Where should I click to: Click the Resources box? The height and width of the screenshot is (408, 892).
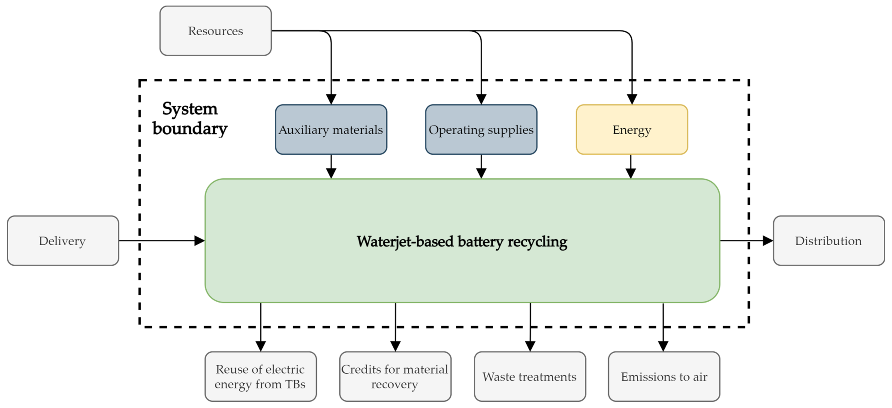[215, 31]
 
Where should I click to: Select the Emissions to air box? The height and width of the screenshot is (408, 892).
[664, 376]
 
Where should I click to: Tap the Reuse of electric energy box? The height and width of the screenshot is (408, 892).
[260, 376]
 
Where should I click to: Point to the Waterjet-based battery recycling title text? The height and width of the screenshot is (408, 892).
[462, 241]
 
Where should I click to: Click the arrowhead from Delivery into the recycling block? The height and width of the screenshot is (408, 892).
[199, 240]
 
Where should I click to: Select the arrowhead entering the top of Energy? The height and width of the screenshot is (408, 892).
[632, 99]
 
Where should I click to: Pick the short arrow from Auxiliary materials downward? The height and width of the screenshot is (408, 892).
[331, 166]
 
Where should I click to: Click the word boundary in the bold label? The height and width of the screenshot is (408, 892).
[190, 129]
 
